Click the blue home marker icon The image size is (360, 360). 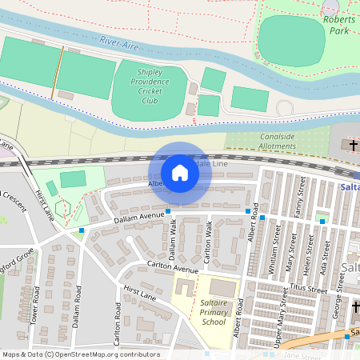180,173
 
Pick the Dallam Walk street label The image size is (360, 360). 172,238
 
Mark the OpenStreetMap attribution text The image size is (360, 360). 80,354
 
